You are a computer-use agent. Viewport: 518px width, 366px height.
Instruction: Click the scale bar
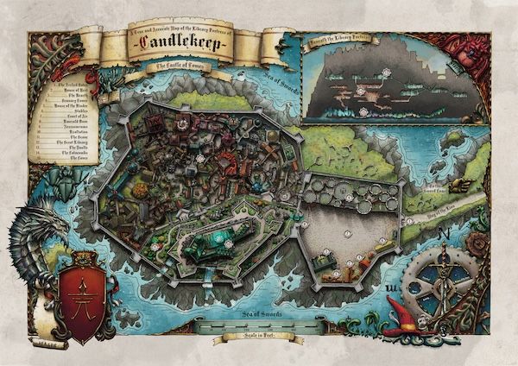click(x=250, y=325)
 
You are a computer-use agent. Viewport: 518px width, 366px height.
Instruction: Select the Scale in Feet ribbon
click(x=250, y=338)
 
